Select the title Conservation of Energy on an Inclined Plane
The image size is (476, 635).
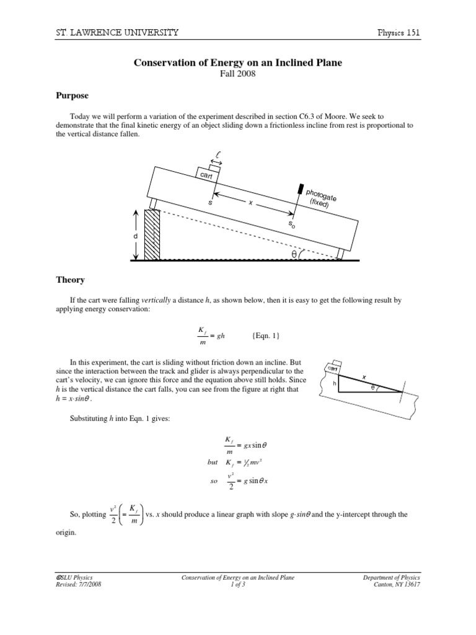(237, 63)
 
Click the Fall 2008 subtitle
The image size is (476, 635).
(238, 74)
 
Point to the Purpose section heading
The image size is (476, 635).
(73, 96)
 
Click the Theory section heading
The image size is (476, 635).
(70, 280)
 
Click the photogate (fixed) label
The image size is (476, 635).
(319, 198)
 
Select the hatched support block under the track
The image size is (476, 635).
(152, 234)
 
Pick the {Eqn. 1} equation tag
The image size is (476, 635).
(266, 335)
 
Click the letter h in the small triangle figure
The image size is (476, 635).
(335, 383)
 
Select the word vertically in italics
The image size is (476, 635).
(156, 300)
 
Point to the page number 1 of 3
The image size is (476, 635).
(238, 585)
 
